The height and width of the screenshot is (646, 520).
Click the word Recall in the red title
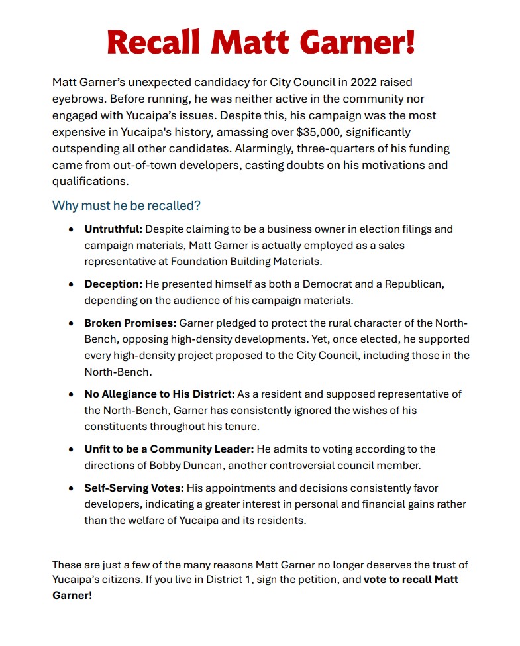153,42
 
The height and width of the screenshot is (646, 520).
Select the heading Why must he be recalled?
126,205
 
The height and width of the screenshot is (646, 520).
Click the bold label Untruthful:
113,229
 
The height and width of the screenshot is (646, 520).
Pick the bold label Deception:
113,284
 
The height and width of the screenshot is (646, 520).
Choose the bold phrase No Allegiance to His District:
159,394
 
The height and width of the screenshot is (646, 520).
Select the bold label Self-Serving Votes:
134,488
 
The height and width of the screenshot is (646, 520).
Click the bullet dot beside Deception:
71,284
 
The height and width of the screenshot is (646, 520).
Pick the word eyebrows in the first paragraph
78,99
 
